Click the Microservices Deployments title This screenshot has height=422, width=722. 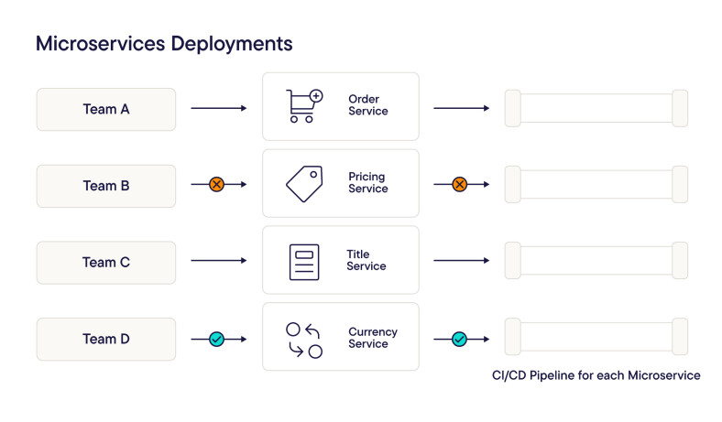click(164, 43)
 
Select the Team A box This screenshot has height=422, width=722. click(106, 109)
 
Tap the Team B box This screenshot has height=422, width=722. click(106, 186)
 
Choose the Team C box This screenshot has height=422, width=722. click(106, 263)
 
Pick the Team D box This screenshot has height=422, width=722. click(106, 339)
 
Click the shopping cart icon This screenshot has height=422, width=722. click(304, 106)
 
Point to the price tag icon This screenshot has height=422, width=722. click(304, 183)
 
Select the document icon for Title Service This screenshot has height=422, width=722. click(304, 262)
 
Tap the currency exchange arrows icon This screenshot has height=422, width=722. click(304, 340)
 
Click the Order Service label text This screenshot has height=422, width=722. click(367, 105)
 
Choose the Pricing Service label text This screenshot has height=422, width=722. click(367, 182)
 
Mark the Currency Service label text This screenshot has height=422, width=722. click(372, 338)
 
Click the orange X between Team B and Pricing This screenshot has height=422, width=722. click(216, 185)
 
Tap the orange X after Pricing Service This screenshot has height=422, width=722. click(459, 185)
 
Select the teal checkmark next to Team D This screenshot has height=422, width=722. click(216, 339)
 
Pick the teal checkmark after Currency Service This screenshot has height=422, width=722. click(459, 339)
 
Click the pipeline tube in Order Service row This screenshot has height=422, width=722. click(596, 108)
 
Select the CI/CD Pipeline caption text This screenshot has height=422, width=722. click(596, 375)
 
